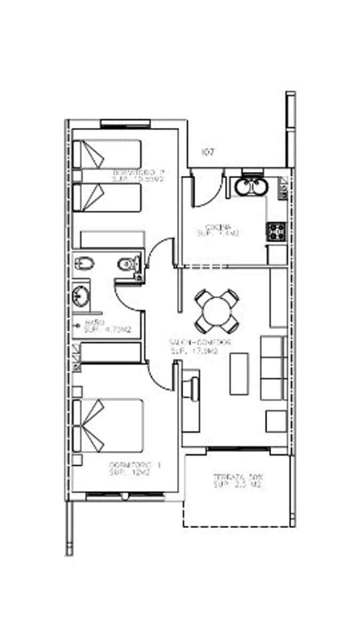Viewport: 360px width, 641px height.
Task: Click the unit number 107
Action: (208, 152)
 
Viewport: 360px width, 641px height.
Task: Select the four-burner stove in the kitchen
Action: (277, 231)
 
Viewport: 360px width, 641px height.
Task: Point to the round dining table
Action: (216, 310)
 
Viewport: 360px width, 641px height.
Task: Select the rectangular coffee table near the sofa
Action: (239, 373)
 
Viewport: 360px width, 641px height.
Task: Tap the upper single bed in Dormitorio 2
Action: (107, 154)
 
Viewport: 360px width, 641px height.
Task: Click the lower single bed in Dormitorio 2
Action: (107, 197)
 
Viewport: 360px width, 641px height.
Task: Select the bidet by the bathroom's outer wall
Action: (84, 263)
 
